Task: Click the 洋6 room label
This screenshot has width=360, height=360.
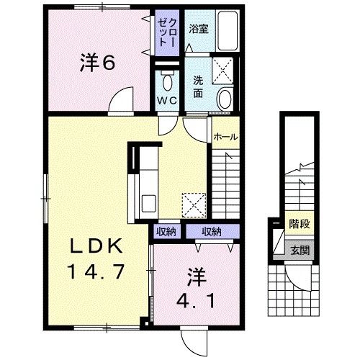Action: [x=98, y=63]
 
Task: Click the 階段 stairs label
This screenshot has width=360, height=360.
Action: [x=300, y=225]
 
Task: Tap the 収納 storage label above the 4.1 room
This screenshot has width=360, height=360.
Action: [x=211, y=232]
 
